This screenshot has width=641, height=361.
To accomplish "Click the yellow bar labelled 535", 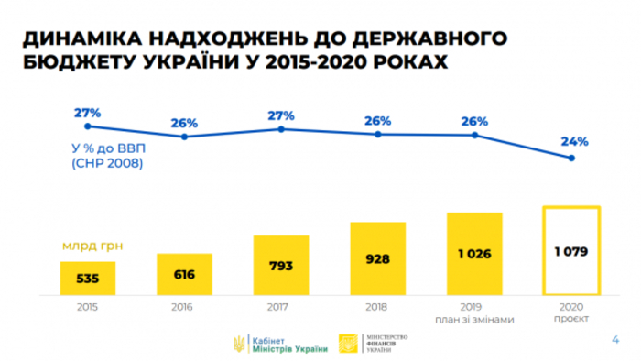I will click(87, 277).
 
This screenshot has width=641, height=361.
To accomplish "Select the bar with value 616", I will click(184, 272).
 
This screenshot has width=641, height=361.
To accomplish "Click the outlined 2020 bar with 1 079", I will click(571, 249).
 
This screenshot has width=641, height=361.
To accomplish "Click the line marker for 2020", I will click(571, 159).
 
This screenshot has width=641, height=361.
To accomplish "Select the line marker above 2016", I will click(184, 137).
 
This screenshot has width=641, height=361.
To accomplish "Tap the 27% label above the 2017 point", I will click(281, 115).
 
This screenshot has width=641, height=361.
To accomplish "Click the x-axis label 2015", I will click(87, 305).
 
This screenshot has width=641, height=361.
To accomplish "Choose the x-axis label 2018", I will click(377, 305).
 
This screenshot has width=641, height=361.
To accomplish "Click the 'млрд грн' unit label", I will click(92, 246).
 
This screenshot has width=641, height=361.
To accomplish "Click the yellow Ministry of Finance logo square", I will click(350, 343).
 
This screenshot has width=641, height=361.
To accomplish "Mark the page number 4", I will click(614, 339).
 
